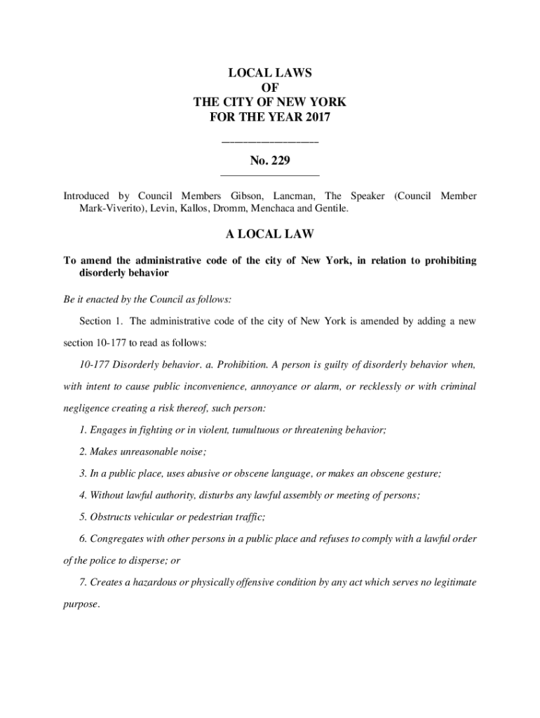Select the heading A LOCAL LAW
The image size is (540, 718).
coord(270,234)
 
